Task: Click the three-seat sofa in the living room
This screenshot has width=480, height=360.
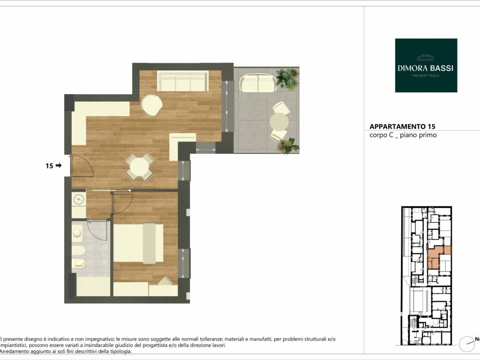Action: click(x=182, y=81)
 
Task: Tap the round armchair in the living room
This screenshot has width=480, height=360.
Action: click(x=152, y=105)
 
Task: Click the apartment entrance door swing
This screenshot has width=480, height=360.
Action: click(x=82, y=165)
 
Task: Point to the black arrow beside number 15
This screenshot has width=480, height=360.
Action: click(x=59, y=165)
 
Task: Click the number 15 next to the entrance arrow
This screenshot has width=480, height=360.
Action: click(x=49, y=165)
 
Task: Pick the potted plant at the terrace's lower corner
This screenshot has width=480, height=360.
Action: click(x=288, y=145)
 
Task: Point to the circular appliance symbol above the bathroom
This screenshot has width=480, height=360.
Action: click(x=79, y=199)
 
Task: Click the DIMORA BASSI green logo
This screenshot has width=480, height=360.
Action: click(x=426, y=65)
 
